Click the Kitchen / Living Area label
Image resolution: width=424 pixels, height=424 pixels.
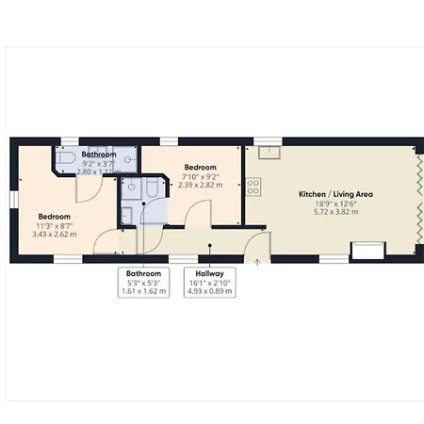tap(336, 193)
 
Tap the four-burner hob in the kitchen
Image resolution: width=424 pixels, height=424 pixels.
tap(253, 186)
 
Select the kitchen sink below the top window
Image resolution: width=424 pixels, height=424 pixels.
tap(269, 152)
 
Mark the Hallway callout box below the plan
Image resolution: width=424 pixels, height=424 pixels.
tap(209, 282)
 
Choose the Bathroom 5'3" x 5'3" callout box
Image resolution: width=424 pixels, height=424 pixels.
tap(143, 282)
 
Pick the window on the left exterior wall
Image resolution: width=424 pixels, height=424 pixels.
tap(13, 197)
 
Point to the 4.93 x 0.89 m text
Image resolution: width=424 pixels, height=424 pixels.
tap(209, 291)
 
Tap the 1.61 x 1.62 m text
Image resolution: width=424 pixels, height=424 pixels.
tap(143, 291)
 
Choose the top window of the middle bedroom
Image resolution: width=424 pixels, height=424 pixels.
tap(170, 142)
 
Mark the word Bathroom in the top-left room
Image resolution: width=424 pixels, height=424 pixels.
tap(99, 154)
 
